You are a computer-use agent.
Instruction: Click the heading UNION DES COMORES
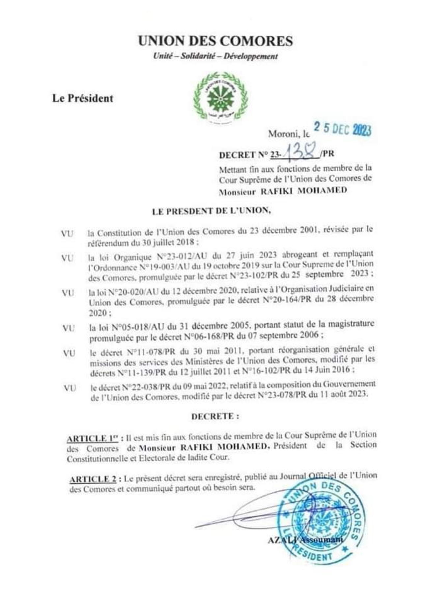pyautogui.click(x=215, y=41)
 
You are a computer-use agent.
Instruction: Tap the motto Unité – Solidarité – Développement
pyautogui.click(x=215, y=56)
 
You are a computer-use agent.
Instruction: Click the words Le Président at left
pyautogui.click(x=82, y=98)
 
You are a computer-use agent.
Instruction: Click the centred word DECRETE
pyautogui.click(x=215, y=416)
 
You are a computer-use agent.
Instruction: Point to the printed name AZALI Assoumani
pyautogui.click(x=305, y=540)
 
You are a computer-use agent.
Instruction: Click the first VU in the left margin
pyautogui.click(x=67, y=234)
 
